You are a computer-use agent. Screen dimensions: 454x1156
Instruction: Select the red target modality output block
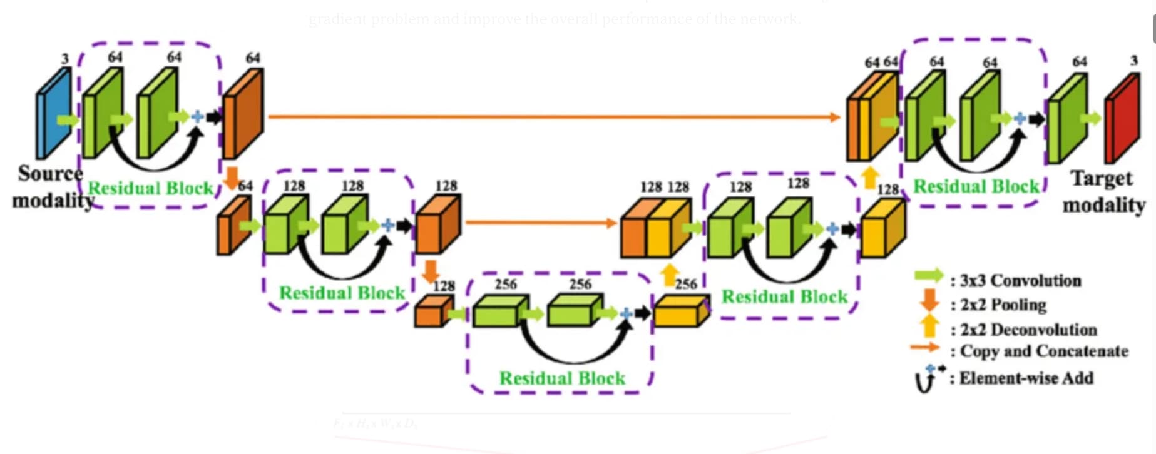(x=1122, y=119)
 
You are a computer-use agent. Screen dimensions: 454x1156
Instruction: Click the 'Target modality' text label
(x=1103, y=192)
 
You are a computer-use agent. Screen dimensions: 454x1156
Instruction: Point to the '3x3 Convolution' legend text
(x=1020, y=280)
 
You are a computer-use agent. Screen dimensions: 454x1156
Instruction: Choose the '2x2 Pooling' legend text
(x=1003, y=305)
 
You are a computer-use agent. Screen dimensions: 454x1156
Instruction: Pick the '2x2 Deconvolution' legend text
(x=1028, y=330)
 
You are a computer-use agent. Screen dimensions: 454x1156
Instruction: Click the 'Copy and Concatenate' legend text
(x=1044, y=351)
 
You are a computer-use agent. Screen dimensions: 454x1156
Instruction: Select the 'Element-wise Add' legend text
(x=1026, y=378)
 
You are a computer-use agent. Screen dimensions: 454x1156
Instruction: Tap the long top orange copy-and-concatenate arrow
(x=551, y=116)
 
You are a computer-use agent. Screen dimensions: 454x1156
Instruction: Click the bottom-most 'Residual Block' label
(x=562, y=378)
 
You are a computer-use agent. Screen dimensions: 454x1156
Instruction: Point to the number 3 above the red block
(x=1133, y=61)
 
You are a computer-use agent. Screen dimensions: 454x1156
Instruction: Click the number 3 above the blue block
(x=64, y=59)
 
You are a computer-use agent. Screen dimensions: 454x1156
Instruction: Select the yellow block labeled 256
(x=681, y=311)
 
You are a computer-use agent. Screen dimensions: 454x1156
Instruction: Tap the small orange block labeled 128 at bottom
(x=432, y=311)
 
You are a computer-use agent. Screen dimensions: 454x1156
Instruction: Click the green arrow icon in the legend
(x=928, y=276)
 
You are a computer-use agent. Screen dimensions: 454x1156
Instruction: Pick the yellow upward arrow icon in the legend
(x=930, y=326)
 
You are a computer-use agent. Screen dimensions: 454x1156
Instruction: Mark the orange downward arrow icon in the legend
(x=929, y=300)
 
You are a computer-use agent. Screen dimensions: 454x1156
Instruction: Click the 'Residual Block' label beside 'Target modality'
(x=976, y=186)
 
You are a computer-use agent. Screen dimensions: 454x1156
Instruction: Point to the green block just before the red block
(x=1066, y=119)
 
